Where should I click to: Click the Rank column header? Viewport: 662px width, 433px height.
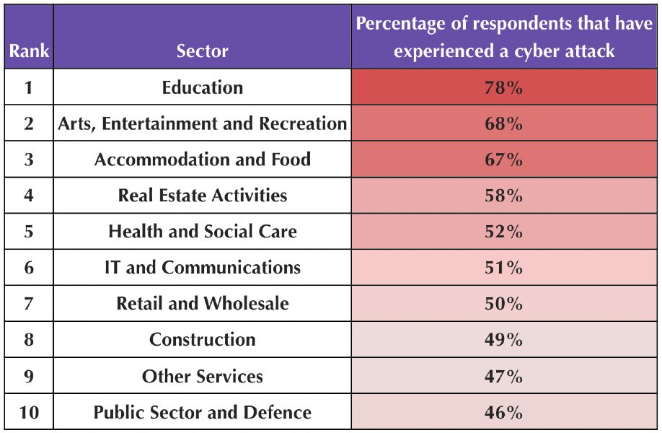(x=28, y=51)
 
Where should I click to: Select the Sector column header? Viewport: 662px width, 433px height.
(x=202, y=51)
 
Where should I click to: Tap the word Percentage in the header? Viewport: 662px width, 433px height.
(x=400, y=24)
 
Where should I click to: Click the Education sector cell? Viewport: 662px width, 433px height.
(x=202, y=88)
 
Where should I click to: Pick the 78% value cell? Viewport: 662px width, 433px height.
(x=503, y=88)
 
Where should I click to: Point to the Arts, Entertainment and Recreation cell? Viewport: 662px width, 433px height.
(x=202, y=124)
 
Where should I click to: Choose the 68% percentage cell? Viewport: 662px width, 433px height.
(x=503, y=124)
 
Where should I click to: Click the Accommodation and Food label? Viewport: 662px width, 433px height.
(x=202, y=159)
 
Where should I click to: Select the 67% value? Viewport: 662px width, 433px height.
(x=503, y=159)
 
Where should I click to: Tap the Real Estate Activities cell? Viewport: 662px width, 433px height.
(x=202, y=196)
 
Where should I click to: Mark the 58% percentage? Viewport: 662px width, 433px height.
(x=503, y=196)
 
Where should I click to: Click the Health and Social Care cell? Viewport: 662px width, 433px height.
(x=202, y=232)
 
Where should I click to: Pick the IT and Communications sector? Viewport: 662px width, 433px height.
(x=202, y=268)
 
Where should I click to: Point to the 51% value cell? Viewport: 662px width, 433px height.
(x=503, y=268)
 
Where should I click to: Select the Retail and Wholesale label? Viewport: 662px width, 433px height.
(x=202, y=304)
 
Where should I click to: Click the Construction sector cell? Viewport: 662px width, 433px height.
(x=202, y=340)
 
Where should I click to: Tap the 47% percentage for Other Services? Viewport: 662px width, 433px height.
(x=503, y=376)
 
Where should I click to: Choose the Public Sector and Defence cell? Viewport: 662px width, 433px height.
(x=202, y=413)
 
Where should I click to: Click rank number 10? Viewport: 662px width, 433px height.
(x=28, y=413)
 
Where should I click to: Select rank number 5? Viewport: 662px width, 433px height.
(x=28, y=232)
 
